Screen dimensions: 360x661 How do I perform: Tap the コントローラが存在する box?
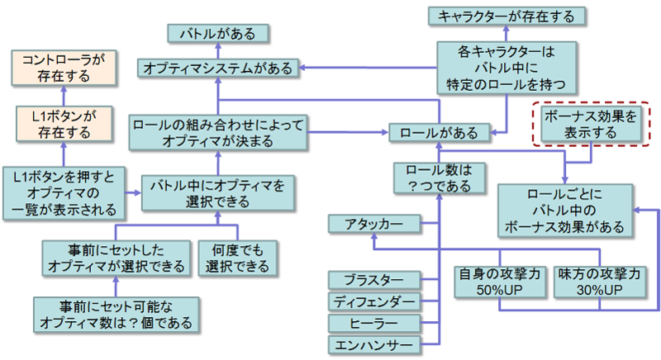[62, 67]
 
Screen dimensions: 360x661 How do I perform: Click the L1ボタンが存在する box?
[62, 121]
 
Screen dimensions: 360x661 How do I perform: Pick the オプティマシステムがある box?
[218, 69]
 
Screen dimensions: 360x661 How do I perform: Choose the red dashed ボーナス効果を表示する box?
[588, 125]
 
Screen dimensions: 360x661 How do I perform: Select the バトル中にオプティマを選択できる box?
[216, 192]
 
